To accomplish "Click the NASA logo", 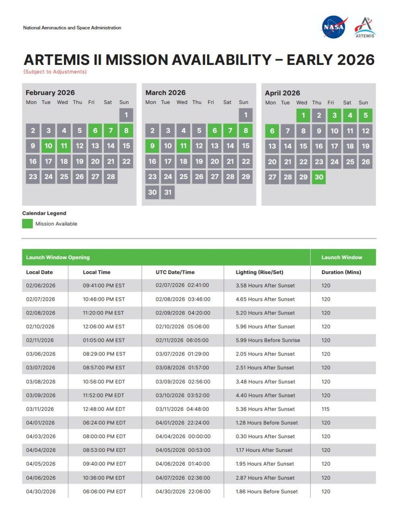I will (x=334, y=27).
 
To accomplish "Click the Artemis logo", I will (x=365, y=27).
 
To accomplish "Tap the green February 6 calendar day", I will (x=95, y=131).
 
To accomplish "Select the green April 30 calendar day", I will (x=319, y=177).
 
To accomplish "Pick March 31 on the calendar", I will (x=168, y=192).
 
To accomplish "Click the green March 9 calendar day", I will (x=152, y=146).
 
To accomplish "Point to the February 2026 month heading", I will (x=50, y=93).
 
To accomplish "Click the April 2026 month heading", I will (x=283, y=93).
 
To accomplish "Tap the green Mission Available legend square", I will (x=27, y=224).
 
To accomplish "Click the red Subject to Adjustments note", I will (x=55, y=72).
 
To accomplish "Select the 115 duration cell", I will (x=326, y=409).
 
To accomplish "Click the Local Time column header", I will (x=97, y=273).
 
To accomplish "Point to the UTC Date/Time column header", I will (x=175, y=273).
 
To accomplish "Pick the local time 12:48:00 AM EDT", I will (x=104, y=409).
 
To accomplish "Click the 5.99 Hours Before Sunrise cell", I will (x=268, y=340).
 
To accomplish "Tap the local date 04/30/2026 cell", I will (x=41, y=492).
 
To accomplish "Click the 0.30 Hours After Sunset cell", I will (x=265, y=437).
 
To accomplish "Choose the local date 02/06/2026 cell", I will (x=41, y=286).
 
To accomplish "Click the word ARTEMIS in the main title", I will (x=57, y=60).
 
